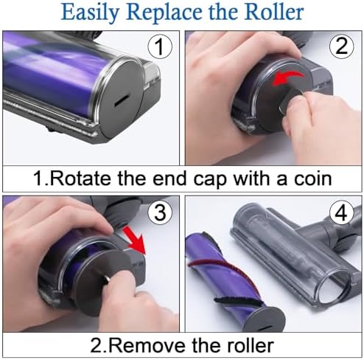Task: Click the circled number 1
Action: pyautogui.click(x=160, y=46)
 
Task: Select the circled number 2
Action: pyautogui.click(x=342, y=46)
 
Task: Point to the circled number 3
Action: pyautogui.click(x=160, y=212)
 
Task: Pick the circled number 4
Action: pyautogui.click(x=342, y=212)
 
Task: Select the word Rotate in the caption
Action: pyautogui.click(x=81, y=179)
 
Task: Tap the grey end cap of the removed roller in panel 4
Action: pyautogui.click(x=266, y=319)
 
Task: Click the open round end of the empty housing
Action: pyautogui.click(x=334, y=285)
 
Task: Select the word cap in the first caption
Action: pyautogui.click(x=209, y=179)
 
